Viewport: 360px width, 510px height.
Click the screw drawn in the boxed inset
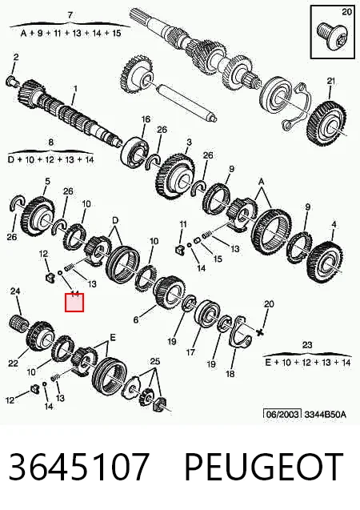coord(330,38)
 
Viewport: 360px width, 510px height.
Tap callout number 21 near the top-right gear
coord(330,81)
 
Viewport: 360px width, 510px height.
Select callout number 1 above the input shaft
coord(76,88)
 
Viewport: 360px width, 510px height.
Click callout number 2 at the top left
coord(16,58)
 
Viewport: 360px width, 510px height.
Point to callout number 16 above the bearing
coord(146,119)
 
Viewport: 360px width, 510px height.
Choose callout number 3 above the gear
coord(189,143)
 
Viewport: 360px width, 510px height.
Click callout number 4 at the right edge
coord(334,224)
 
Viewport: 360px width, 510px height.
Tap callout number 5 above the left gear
coord(47,181)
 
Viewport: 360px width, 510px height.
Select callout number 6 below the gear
coord(136,319)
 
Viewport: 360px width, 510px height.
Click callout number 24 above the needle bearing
coord(15,291)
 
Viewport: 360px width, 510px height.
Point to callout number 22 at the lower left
coord(13,363)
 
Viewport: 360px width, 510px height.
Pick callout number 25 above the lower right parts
coord(155,361)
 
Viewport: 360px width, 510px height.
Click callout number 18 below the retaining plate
coord(230,374)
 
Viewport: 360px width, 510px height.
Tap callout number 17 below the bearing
coord(190,352)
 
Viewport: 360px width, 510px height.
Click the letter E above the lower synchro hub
coord(113,338)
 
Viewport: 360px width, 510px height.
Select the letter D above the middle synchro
coord(115,221)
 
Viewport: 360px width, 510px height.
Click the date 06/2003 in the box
coord(282,415)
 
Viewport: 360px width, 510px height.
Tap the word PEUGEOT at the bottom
coord(264,467)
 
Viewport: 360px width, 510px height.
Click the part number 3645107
coord(79,467)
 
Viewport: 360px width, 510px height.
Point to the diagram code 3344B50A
coord(326,415)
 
